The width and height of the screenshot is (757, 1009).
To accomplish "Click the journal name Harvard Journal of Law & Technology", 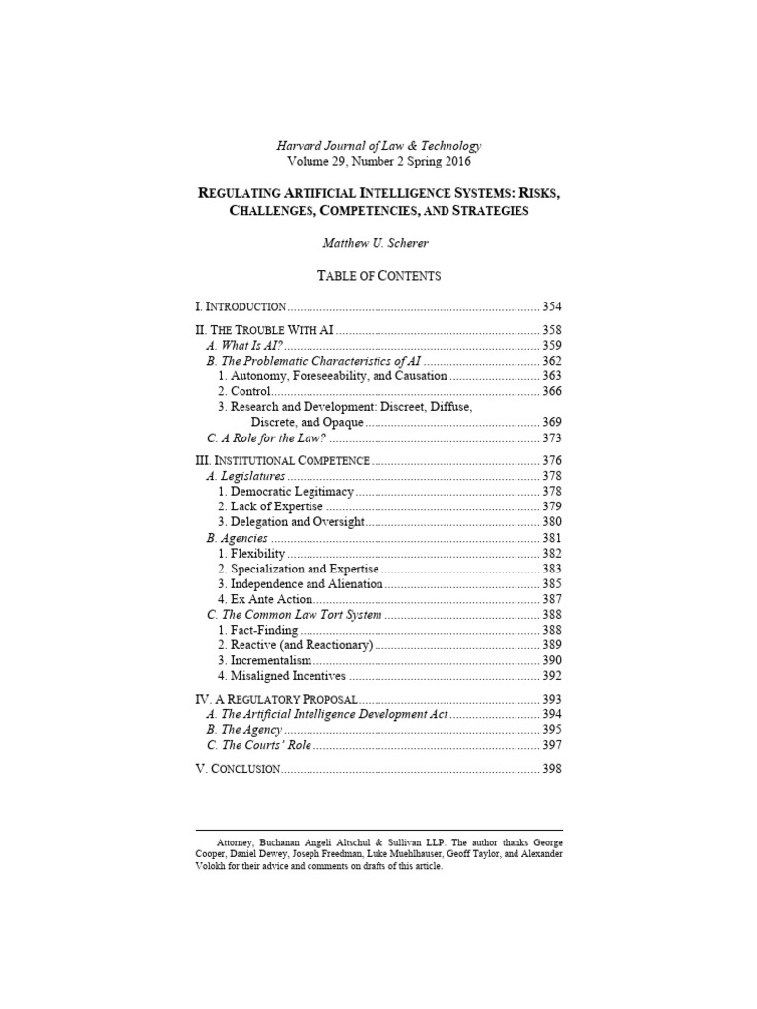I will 378,145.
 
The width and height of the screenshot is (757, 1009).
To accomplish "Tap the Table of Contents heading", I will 378,277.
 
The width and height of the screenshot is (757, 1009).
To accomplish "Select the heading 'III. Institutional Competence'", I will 285,460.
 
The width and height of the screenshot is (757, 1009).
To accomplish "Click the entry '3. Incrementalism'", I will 265,660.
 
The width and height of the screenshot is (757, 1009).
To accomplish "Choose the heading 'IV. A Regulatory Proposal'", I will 272,699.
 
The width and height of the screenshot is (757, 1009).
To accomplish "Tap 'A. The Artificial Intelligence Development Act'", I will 326,714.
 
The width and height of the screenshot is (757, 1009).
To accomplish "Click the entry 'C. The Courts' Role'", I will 260,745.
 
